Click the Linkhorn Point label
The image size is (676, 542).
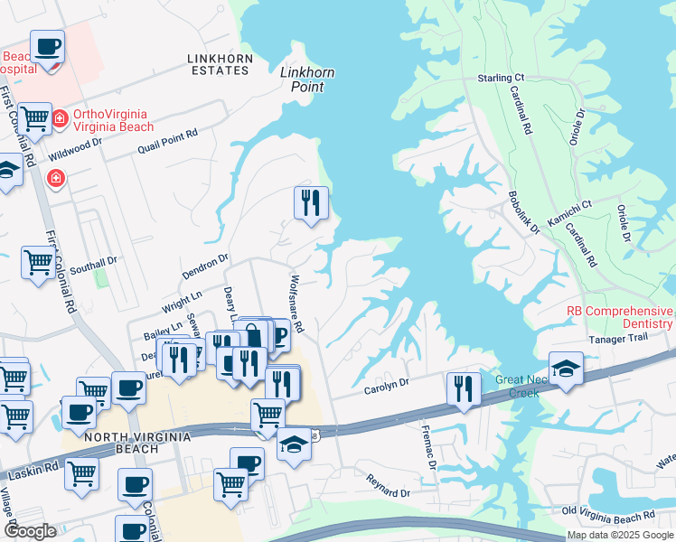[x=302, y=79]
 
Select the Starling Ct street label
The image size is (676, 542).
[x=501, y=79]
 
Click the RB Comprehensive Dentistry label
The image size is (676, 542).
[x=619, y=316]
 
